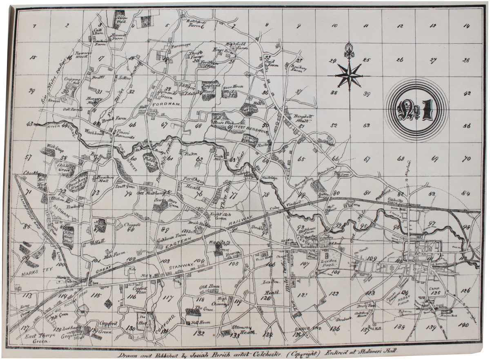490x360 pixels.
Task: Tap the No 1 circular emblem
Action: click(x=416, y=109)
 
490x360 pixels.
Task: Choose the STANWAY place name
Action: click(x=180, y=266)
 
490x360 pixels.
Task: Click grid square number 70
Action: click(x=466, y=159)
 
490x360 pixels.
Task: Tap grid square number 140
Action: click(x=463, y=325)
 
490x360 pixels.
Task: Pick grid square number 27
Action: click(x=433, y=60)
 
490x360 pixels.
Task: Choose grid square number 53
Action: click(x=366, y=125)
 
